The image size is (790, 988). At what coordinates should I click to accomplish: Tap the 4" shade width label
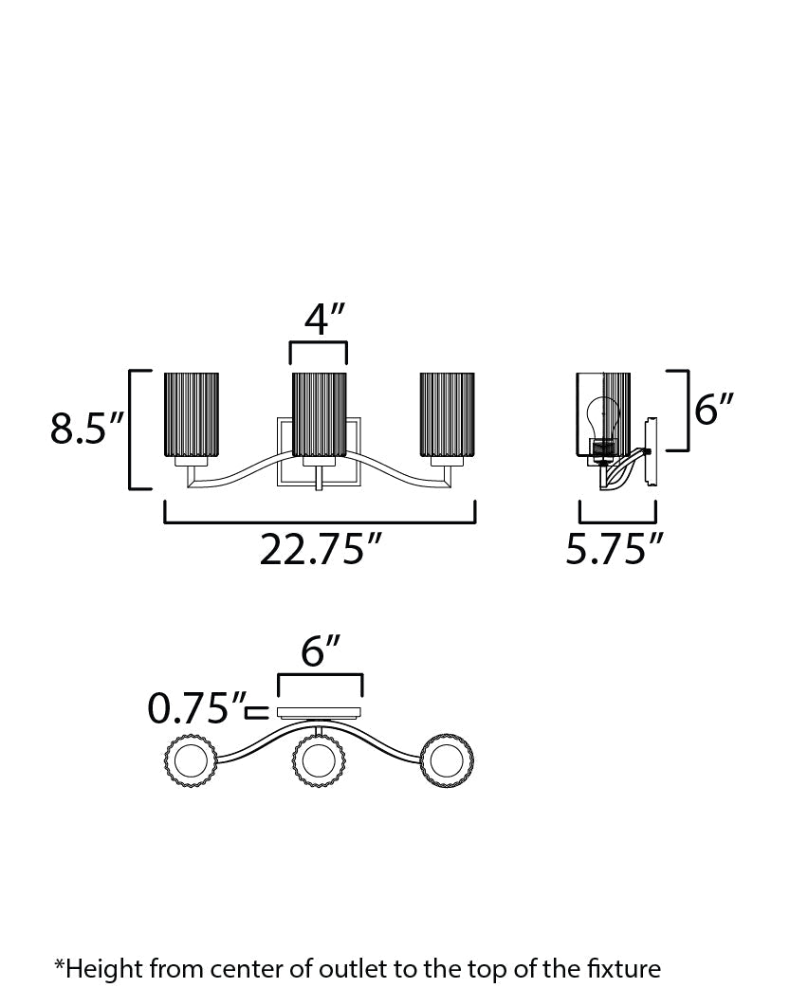[x=325, y=319]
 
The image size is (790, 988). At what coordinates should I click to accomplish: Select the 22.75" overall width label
[x=321, y=549]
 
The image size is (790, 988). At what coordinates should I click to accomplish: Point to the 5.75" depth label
[x=615, y=549]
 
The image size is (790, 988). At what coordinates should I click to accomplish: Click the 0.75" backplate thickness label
[x=196, y=707]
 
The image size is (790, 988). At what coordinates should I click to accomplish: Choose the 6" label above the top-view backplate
[x=321, y=650]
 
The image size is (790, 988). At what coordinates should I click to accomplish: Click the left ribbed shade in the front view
[x=191, y=414]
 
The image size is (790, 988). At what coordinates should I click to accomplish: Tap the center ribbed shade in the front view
[x=319, y=414]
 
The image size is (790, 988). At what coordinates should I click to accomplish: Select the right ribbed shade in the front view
[x=447, y=414]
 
